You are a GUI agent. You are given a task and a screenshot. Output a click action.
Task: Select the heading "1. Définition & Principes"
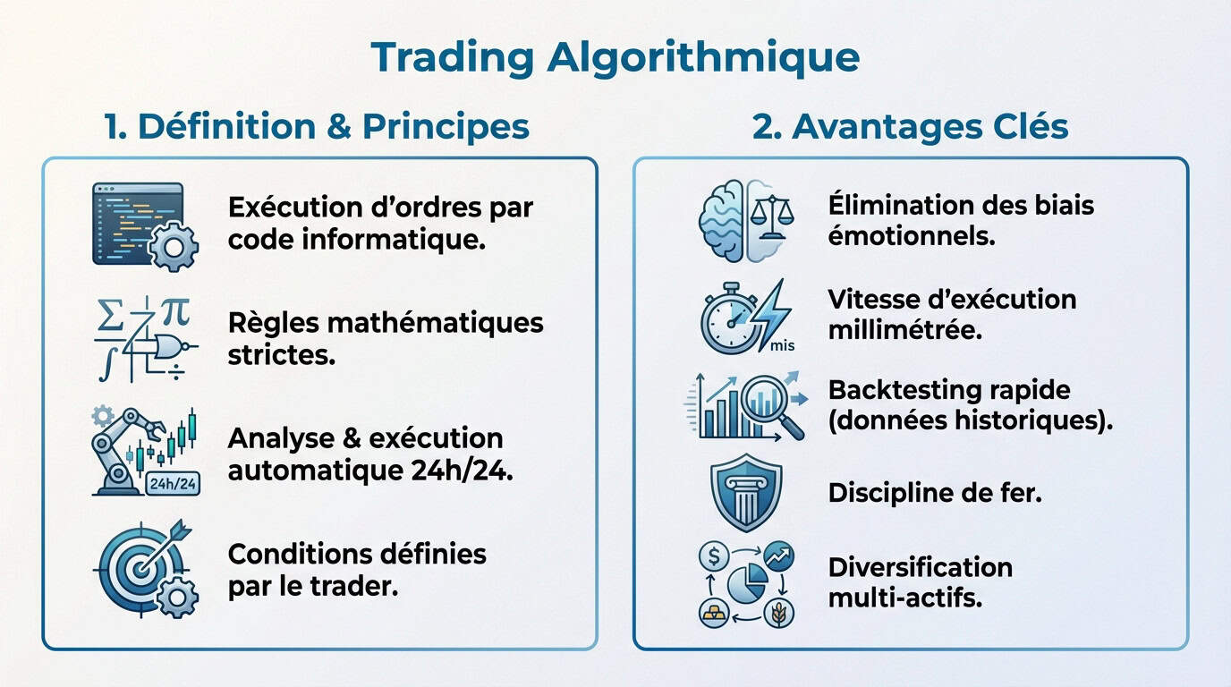(x=317, y=126)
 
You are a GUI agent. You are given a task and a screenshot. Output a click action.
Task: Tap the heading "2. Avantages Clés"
(x=910, y=126)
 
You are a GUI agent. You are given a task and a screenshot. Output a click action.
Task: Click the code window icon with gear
(x=144, y=225)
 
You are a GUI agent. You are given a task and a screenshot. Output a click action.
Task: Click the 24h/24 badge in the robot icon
(x=171, y=484)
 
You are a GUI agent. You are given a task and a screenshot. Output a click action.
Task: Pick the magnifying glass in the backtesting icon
(x=775, y=407)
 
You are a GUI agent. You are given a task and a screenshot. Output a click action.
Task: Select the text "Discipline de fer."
(x=935, y=492)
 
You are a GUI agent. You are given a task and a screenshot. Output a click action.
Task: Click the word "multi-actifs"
(x=905, y=597)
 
